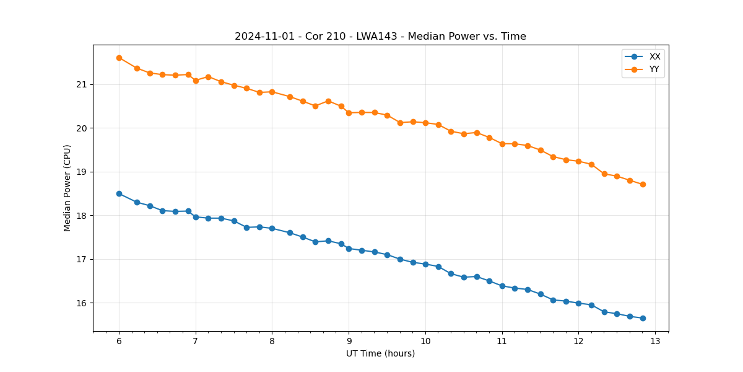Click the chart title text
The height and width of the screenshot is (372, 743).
point(380,37)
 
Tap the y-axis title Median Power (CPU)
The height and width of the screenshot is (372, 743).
point(67,188)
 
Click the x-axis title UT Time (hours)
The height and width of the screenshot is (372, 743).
point(380,353)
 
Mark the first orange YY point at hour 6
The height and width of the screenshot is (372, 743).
point(119,58)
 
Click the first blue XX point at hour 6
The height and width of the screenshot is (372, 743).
point(119,193)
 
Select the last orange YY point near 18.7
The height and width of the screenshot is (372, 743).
point(643,184)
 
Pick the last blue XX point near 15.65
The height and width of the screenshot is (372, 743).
point(643,318)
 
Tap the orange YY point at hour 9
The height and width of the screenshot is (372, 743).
point(349,113)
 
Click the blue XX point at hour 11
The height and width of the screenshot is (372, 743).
point(502,286)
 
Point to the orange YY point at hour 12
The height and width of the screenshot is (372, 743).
point(578,161)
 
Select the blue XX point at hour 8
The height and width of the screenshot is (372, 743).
point(272,228)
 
